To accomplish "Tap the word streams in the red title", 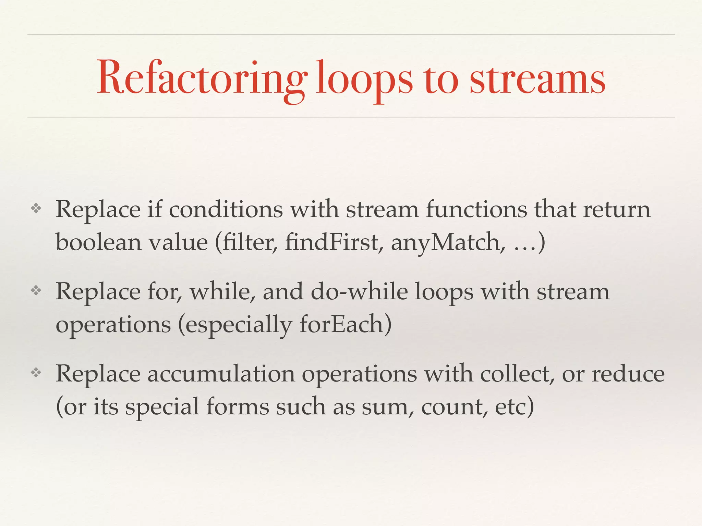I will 537,79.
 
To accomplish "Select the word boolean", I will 98,242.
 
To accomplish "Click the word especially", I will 239,325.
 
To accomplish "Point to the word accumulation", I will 221,374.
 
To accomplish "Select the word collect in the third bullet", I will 518,374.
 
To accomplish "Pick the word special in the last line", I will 162,407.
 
